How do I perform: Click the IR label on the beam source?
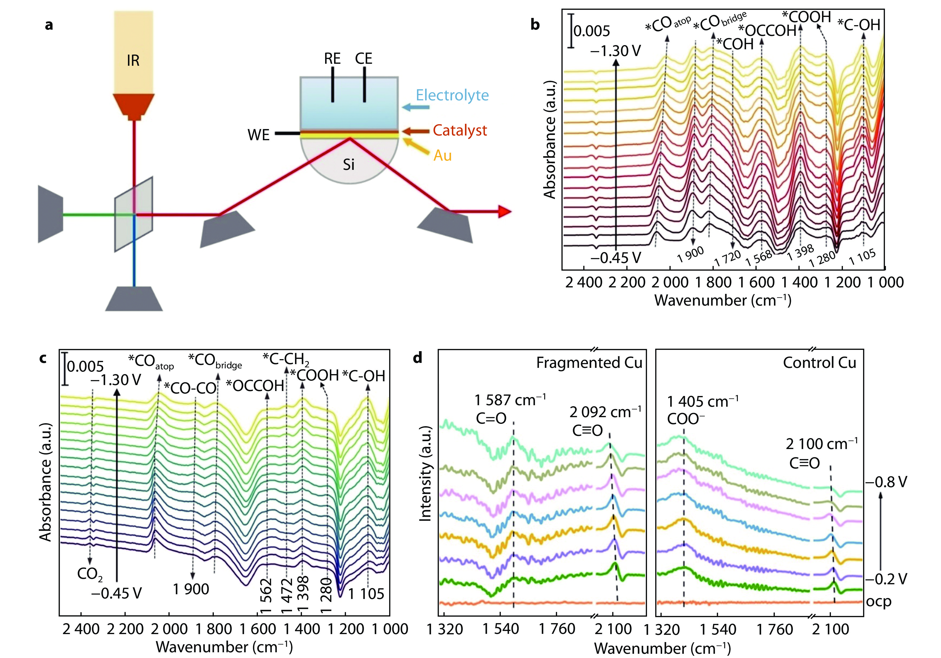pos(133,61)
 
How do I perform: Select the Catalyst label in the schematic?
pos(460,131)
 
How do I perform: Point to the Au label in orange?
pos(443,156)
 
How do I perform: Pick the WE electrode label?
pos(259,135)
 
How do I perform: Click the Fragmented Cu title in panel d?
pos(589,363)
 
